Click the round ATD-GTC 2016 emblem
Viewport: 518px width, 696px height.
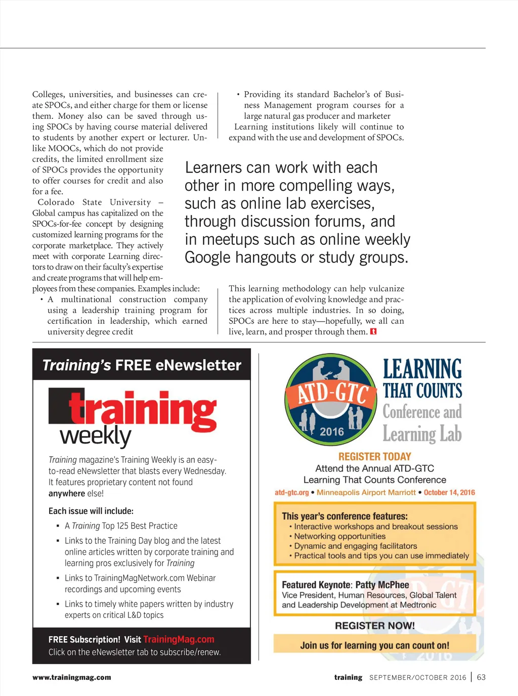pos(330,399)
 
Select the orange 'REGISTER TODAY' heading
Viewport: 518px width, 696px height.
pos(374,456)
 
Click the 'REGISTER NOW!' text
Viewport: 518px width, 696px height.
pos(374,626)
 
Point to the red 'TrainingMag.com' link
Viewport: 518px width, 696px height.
pos(179,639)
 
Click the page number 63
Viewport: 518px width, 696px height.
pos(481,677)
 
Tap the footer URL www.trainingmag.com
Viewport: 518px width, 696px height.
pos(71,677)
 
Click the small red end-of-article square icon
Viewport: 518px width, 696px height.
pos(373,332)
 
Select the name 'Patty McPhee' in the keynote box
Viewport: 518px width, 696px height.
pos(382,585)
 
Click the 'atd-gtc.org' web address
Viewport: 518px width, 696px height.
pos(291,493)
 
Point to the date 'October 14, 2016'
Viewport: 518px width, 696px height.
pos(449,493)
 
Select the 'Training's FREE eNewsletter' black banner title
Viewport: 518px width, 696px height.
pos(142,365)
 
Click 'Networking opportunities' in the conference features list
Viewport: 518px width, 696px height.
pos(339,536)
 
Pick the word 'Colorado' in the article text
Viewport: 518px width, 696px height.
pos(56,202)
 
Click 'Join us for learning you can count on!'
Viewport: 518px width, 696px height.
pos(374,645)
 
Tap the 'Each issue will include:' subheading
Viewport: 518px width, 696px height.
pos(91,511)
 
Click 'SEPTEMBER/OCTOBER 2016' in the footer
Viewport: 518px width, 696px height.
pos(417,678)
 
